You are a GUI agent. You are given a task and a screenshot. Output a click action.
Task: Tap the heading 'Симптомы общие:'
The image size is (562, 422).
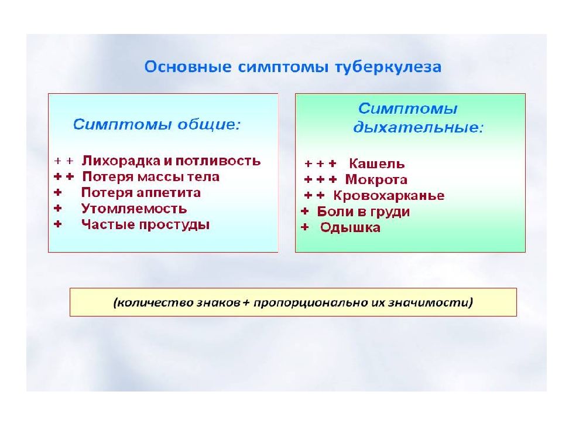point(156,125)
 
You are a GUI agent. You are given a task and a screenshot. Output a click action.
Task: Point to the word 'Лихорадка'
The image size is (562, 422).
point(118,161)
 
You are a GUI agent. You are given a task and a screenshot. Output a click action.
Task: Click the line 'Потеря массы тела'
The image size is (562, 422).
point(150,176)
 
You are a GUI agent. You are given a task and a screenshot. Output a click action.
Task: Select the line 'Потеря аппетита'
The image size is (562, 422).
point(141,192)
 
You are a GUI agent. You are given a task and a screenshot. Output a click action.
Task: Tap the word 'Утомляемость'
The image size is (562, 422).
point(134,208)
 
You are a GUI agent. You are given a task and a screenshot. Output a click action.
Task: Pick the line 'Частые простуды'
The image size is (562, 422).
point(145,224)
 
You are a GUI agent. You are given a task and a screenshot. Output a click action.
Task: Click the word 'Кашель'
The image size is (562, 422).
point(376,164)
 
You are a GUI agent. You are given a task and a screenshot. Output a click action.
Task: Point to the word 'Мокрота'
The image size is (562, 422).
point(376,180)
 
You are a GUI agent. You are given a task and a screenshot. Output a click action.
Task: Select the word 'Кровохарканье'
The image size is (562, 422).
point(389,196)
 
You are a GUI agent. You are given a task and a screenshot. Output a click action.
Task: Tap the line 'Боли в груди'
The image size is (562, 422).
point(363,212)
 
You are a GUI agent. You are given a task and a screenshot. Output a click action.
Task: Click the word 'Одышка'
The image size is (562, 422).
point(350,228)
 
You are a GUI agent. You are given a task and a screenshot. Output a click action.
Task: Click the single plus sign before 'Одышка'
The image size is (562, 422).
point(304,228)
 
